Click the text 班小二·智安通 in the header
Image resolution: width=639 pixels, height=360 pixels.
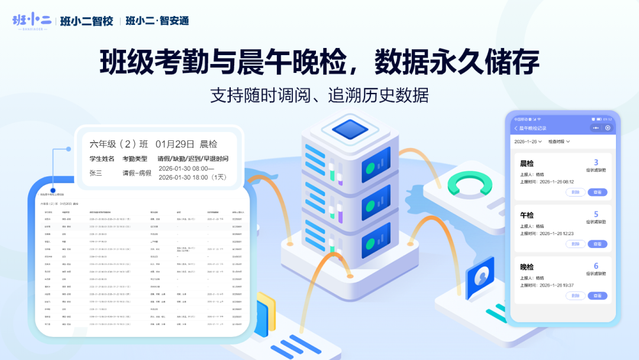click(x=157, y=21)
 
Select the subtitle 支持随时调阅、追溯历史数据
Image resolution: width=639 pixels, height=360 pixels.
click(x=319, y=95)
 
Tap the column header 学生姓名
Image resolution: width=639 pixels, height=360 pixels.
click(x=102, y=159)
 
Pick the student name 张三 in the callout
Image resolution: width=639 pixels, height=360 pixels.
click(x=95, y=173)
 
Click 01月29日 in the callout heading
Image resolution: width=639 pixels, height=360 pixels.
click(x=175, y=144)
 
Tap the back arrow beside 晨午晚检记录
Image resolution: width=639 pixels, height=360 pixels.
click(x=516, y=128)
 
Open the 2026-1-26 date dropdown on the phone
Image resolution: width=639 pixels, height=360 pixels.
click(x=528, y=142)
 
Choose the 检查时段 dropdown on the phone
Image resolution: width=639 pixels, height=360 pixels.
click(x=559, y=142)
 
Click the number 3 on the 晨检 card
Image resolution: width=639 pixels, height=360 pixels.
click(x=596, y=163)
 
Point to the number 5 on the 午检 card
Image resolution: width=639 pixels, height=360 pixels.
click(x=596, y=214)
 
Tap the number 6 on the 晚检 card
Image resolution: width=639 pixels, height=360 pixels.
click(x=596, y=266)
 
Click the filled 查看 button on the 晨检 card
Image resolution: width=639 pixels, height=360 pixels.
click(x=597, y=192)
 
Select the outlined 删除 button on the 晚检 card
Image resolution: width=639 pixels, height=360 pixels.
click(x=575, y=295)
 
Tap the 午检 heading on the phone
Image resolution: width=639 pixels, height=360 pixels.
click(x=527, y=215)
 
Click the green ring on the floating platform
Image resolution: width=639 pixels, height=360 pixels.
click(x=470, y=185)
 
